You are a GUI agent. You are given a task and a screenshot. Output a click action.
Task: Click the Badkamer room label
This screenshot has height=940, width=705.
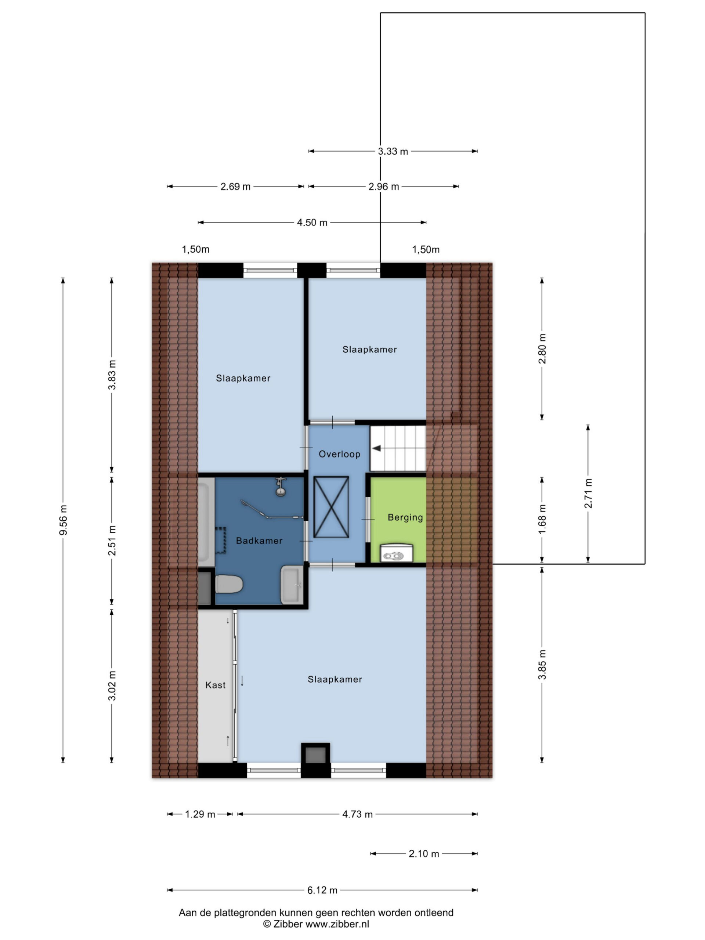(259, 540)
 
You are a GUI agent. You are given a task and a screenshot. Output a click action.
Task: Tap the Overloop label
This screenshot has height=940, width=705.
(339, 454)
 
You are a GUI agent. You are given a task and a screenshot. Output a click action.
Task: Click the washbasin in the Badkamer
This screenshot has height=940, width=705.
(292, 584)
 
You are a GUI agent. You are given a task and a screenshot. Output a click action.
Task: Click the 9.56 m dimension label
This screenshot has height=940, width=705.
(63, 520)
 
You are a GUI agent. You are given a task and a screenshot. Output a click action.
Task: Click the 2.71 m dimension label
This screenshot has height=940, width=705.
(588, 493)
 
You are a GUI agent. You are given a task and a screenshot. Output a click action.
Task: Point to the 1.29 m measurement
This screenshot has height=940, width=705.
(200, 814)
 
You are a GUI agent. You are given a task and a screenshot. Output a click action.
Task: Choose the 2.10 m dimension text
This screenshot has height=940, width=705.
(424, 854)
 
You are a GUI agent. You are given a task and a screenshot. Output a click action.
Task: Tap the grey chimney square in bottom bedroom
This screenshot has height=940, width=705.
(315, 755)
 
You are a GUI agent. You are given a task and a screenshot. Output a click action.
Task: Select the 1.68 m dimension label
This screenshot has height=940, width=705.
(542, 520)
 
